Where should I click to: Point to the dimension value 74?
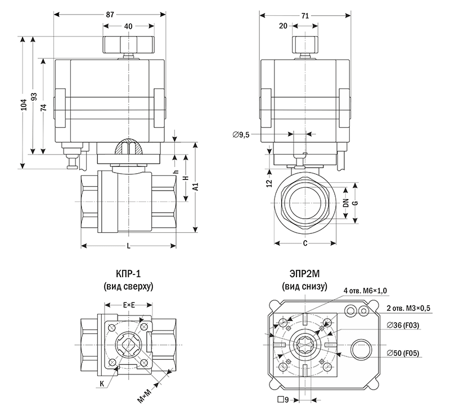(44, 107)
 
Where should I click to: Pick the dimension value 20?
(283, 26)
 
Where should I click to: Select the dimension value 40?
(129, 26)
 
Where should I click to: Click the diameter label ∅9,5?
(241, 134)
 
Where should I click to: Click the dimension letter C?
(304, 244)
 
